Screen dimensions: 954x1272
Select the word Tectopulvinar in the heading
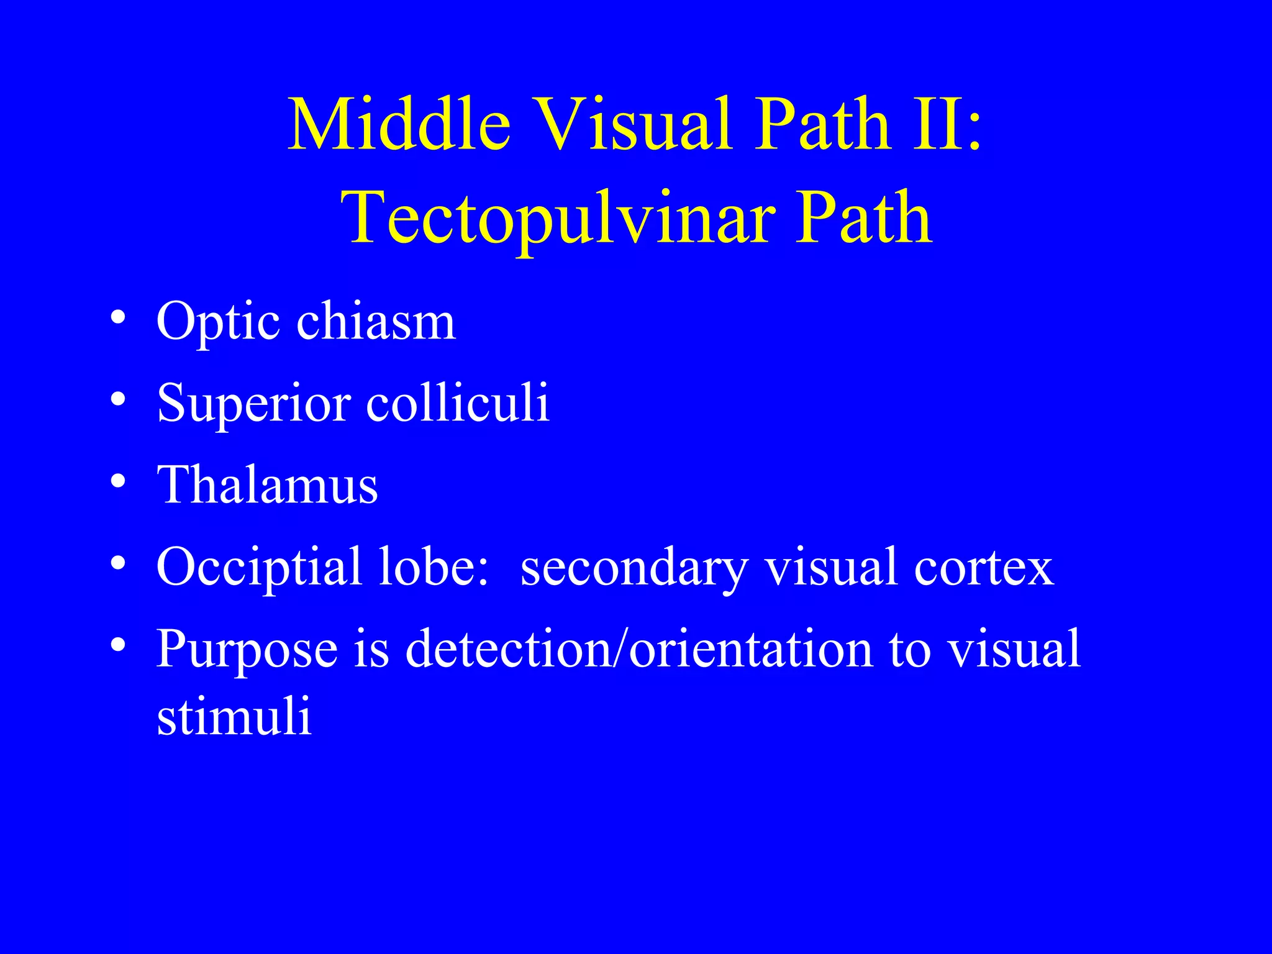tap(557, 219)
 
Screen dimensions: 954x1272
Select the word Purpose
tap(247, 650)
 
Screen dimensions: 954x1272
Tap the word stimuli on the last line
tap(234, 716)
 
